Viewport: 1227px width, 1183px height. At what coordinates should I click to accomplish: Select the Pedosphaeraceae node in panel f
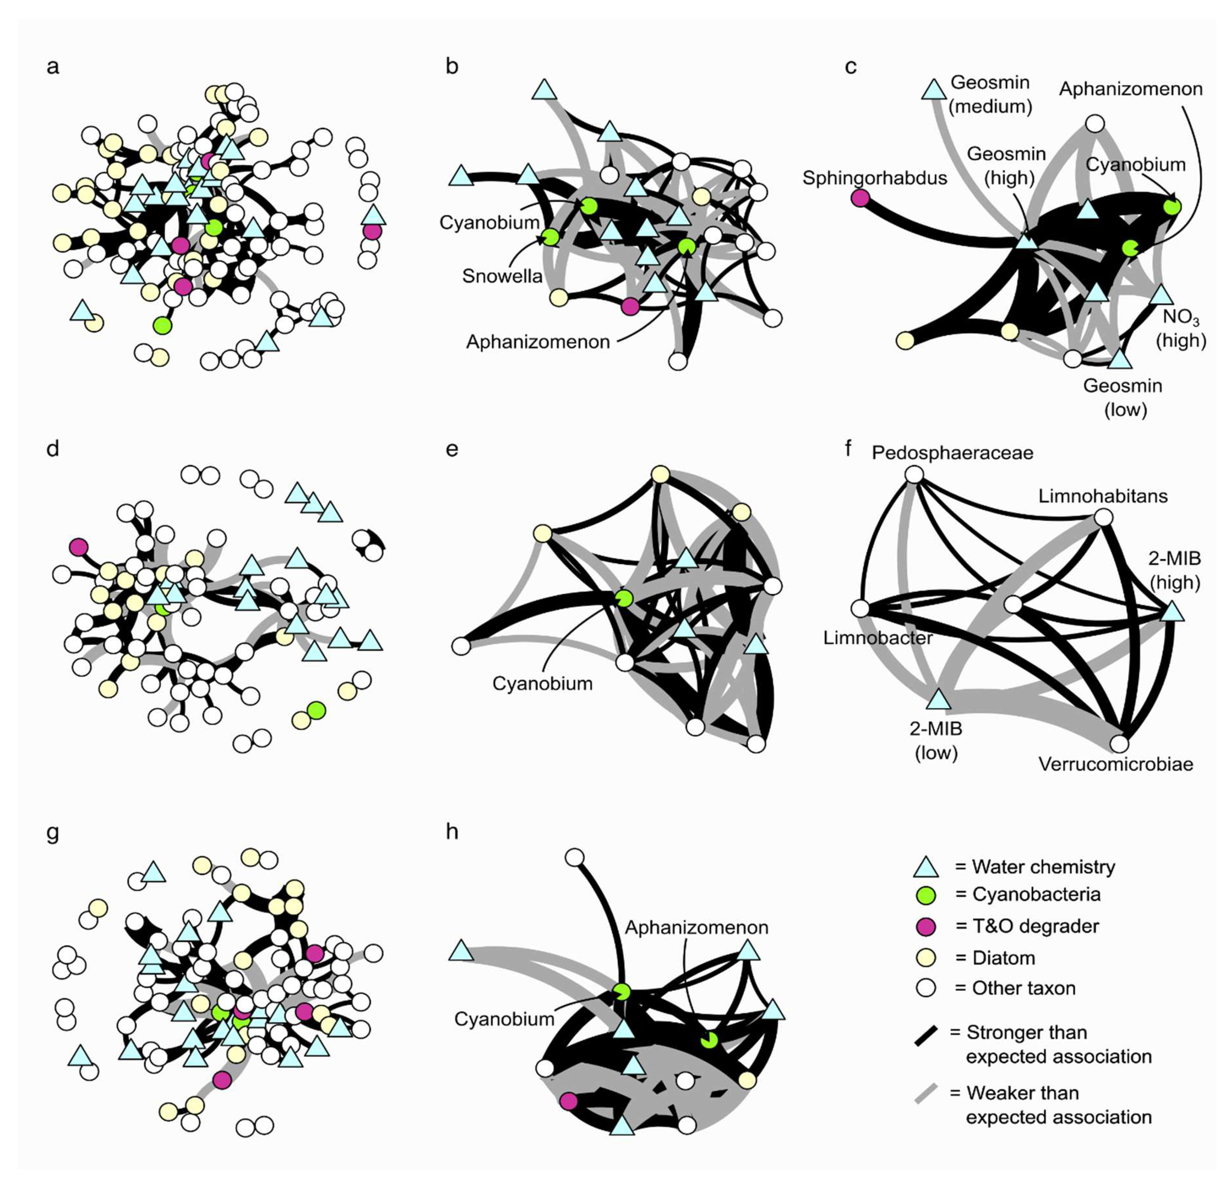coord(915,475)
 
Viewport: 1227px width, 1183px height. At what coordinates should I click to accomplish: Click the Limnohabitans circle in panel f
coord(1103,517)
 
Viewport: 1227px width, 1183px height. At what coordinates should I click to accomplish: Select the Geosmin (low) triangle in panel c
coord(1120,359)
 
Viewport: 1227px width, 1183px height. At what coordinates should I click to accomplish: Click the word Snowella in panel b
coord(502,276)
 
